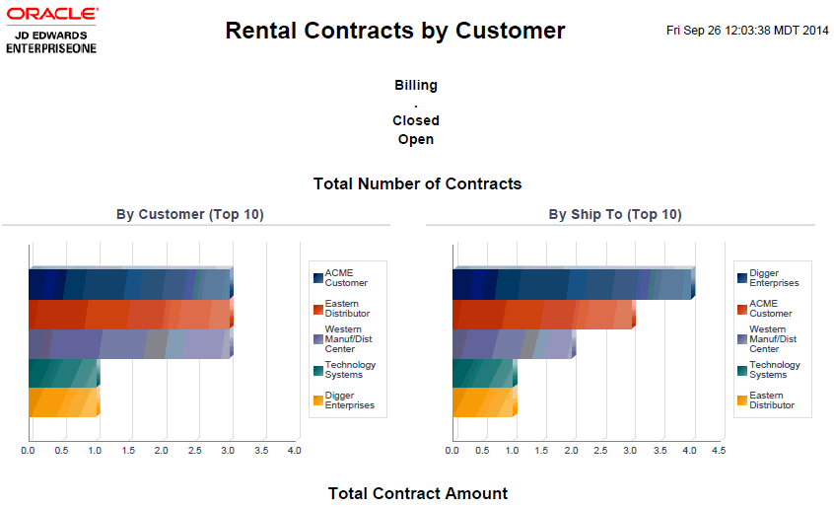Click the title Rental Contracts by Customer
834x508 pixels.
pos(394,31)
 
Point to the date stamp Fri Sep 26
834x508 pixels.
pos(747,31)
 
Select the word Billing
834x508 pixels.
pos(415,85)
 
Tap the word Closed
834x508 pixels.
pos(415,120)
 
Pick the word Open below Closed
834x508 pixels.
pos(415,139)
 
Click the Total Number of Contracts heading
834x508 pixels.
pos(417,183)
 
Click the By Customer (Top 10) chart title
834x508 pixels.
pos(190,214)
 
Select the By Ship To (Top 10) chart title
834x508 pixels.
pos(615,214)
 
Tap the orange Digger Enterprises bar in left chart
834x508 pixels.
pos(63,402)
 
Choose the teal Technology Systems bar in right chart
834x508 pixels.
pos(483,373)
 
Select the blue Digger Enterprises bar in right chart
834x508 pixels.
pos(572,283)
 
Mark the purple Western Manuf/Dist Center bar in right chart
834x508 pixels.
pos(513,343)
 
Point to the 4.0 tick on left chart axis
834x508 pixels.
pos(294,451)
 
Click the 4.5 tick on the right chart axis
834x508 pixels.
pos(719,451)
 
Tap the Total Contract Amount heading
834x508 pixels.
pos(417,493)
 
